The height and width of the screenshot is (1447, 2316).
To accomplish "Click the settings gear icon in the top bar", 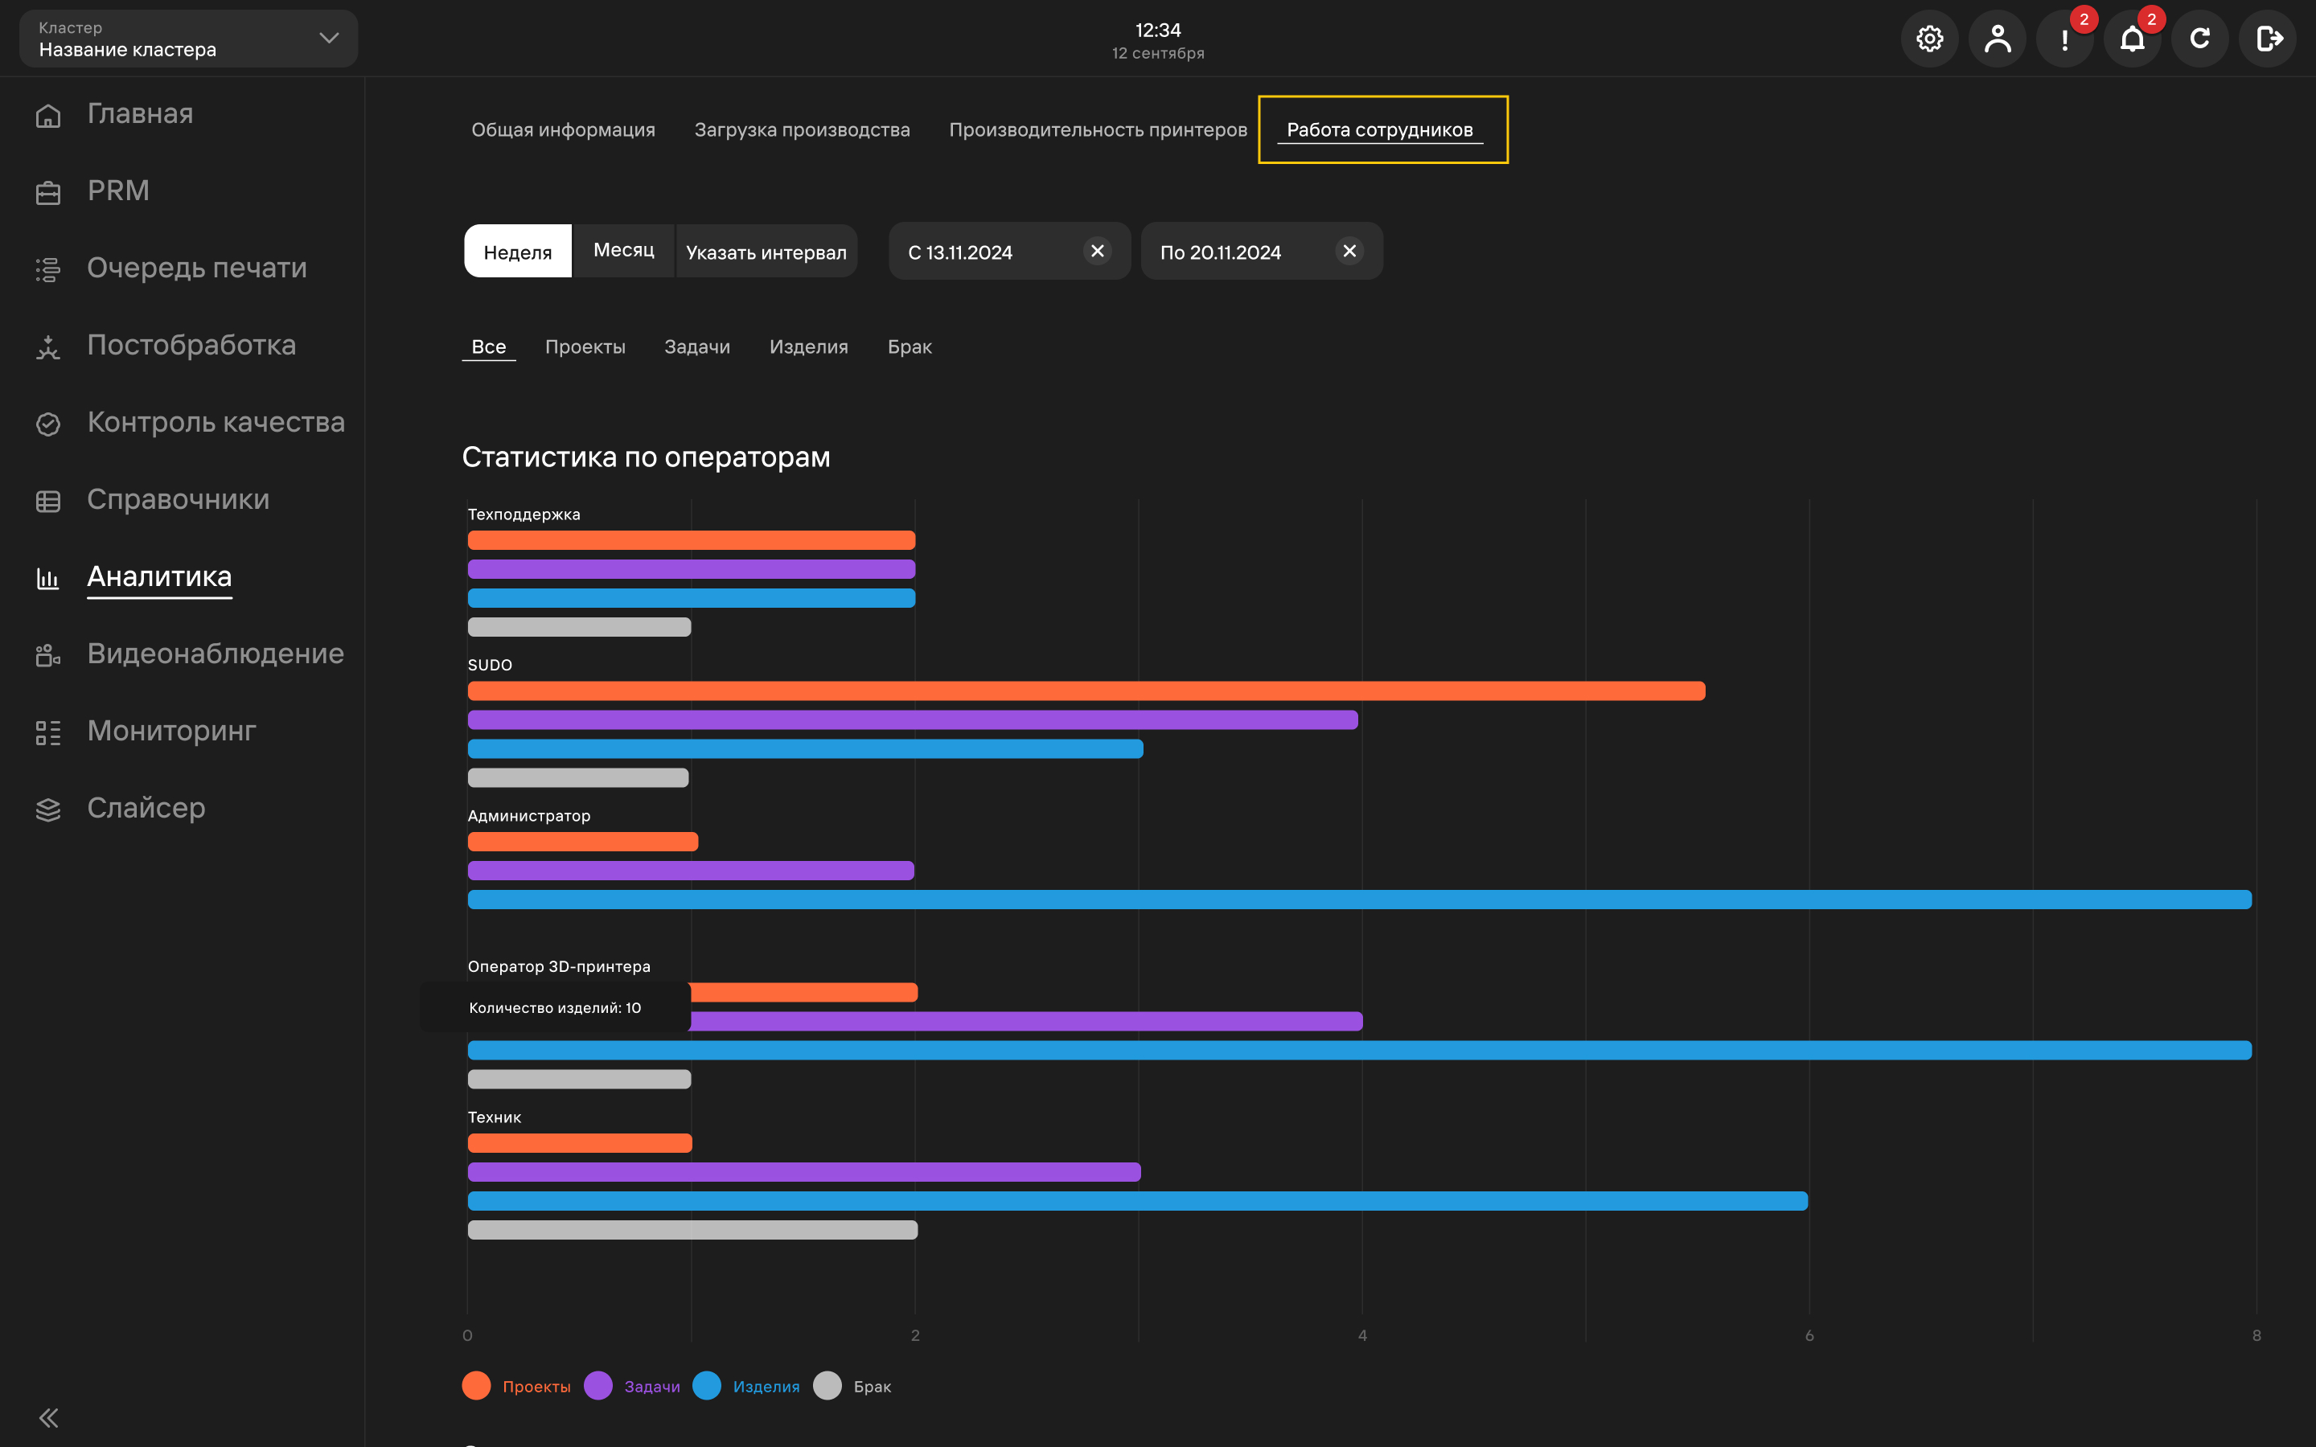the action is tap(1929, 39).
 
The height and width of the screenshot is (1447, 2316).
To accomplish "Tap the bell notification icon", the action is tap(2133, 39).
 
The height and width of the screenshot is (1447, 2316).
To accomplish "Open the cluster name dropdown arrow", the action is tap(329, 39).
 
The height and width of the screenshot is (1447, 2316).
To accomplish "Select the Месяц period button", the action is tap(624, 251).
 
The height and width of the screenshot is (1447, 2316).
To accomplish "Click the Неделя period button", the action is tap(518, 251).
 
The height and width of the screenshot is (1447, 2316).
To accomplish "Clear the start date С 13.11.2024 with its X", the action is tap(1098, 251).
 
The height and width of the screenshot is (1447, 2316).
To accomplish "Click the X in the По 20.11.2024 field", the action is tap(1349, 251).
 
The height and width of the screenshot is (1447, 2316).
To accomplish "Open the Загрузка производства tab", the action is tap(802, 130).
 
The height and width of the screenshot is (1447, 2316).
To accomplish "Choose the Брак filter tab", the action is tap(910, 347).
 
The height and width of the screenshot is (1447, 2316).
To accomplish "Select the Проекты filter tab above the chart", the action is tap(585, 347).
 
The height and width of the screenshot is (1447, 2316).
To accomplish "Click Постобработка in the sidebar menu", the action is tap(191, 346).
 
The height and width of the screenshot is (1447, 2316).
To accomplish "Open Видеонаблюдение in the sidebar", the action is tap(216, 654).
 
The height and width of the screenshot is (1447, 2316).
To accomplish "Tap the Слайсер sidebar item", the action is tap(146, 809).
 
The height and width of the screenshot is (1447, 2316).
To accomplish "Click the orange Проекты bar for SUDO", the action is tap(1086, 691).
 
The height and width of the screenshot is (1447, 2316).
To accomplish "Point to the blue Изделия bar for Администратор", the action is tap(1360, 900).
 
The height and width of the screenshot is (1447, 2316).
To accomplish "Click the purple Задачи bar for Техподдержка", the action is tap(691, 569).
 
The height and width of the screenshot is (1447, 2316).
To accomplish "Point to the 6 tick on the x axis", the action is tap(1809, 1336).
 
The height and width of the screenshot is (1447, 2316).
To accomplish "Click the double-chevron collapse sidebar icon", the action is tap(49, 1417).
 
